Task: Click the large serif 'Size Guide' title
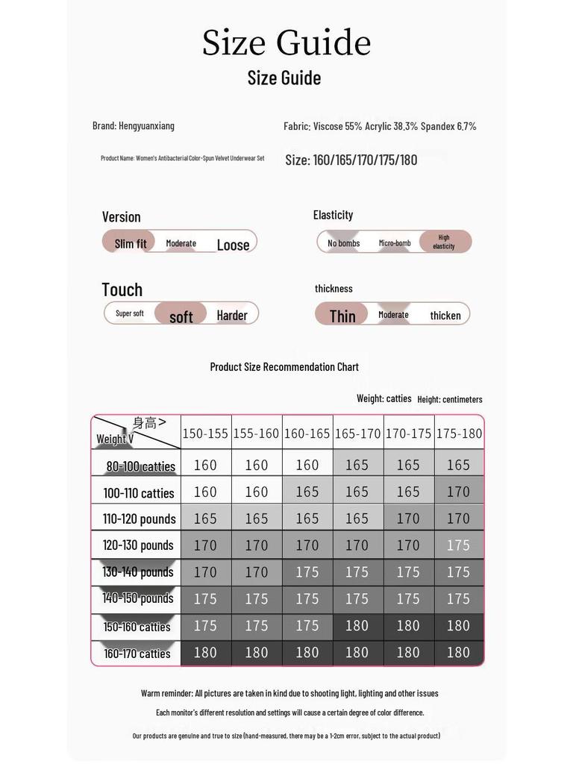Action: click(286, 43)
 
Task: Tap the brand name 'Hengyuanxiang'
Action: click(146, 126)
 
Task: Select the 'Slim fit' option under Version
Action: click(130, 243)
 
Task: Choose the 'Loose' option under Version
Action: click(233, 245)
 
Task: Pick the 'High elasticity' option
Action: click(444, 242)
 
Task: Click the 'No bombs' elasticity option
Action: click(343, 243)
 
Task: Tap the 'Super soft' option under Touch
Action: click(130, 313)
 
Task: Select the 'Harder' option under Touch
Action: click(232, 316)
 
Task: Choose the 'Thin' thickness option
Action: click(342, 316)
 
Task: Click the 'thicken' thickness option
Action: click(445, 316)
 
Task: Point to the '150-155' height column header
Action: click(205, 433)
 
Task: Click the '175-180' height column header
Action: click(459, 433)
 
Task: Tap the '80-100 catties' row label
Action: click(140, 466)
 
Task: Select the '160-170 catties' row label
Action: click(137, 654)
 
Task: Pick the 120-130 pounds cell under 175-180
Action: click(458, 545)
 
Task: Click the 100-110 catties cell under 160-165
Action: click(307, 492)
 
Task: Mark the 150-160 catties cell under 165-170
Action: click(357, 626)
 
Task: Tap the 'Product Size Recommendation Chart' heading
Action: click(284, 367)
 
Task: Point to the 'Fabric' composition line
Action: click(380, 126)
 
